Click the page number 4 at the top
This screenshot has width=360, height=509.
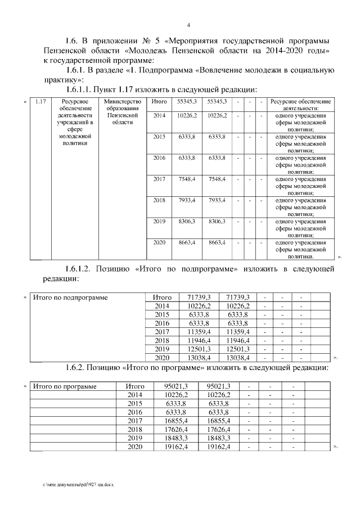189,25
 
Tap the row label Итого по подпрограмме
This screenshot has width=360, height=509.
70,296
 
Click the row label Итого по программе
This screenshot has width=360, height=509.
65,386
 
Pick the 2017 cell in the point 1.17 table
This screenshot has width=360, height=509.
159,179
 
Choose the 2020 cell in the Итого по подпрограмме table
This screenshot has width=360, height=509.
162,357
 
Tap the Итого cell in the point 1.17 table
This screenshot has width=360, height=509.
159,101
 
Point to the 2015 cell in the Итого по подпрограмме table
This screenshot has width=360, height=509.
162,314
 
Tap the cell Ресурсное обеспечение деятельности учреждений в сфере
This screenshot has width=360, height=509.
71,119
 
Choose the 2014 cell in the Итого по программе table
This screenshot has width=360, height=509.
134,395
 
